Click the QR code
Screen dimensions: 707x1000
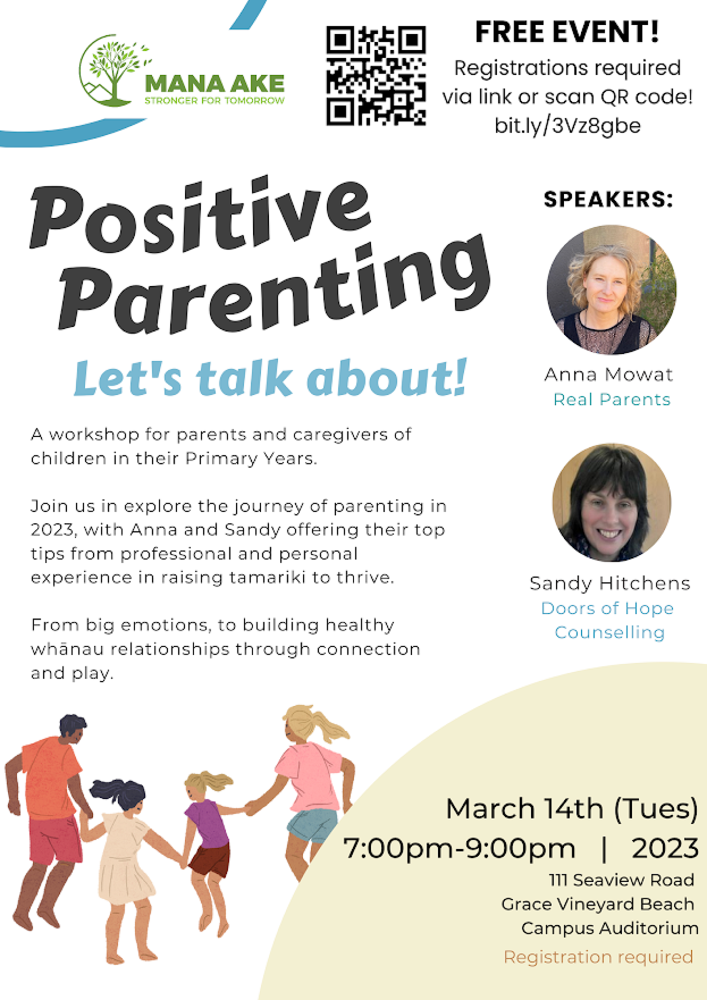(x=376, y=75)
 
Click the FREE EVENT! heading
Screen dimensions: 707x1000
(x=567, y=32)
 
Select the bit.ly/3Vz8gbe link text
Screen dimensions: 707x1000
(x=567, y=126)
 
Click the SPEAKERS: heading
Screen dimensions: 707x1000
(x=608, y=199)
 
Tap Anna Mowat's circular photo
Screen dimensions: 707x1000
(x=611, y=289)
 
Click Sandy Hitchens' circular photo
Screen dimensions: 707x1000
(x=611, y=502)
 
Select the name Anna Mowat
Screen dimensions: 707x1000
(x=609, y=374)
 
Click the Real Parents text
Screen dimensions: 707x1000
(x=611, y=399)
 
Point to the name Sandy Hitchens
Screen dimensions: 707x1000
(x=610, y=583)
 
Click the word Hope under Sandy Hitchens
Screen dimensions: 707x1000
(x=649, y=608)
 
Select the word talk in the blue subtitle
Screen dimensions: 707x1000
(x=244, y=378)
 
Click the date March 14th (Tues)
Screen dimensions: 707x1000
(x=571, y=809)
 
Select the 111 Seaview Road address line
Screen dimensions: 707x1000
(x=621, y=880)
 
